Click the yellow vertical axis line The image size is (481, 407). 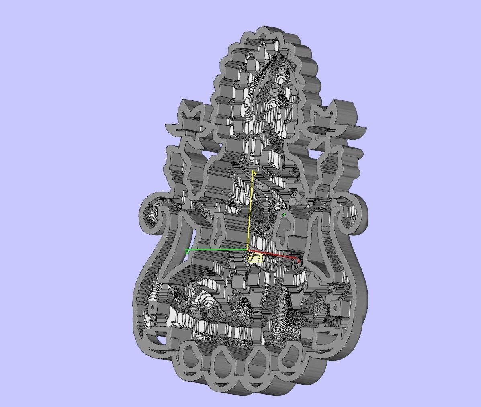pos(251,209)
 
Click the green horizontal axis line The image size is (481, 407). pos(217,250)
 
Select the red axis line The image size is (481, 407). pos(273,254)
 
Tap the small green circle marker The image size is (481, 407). pos(284,215)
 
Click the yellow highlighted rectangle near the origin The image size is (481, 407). pos(255,258)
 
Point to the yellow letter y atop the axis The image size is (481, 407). pos(254,173)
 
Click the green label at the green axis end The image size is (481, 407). pos(187,252)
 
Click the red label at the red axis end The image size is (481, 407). pos(299,261)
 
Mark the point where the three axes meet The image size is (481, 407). pos(248,250)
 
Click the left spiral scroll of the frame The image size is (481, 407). pos(153,213)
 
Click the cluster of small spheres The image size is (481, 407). pos(297,198)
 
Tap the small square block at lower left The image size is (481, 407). pos(153,308)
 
